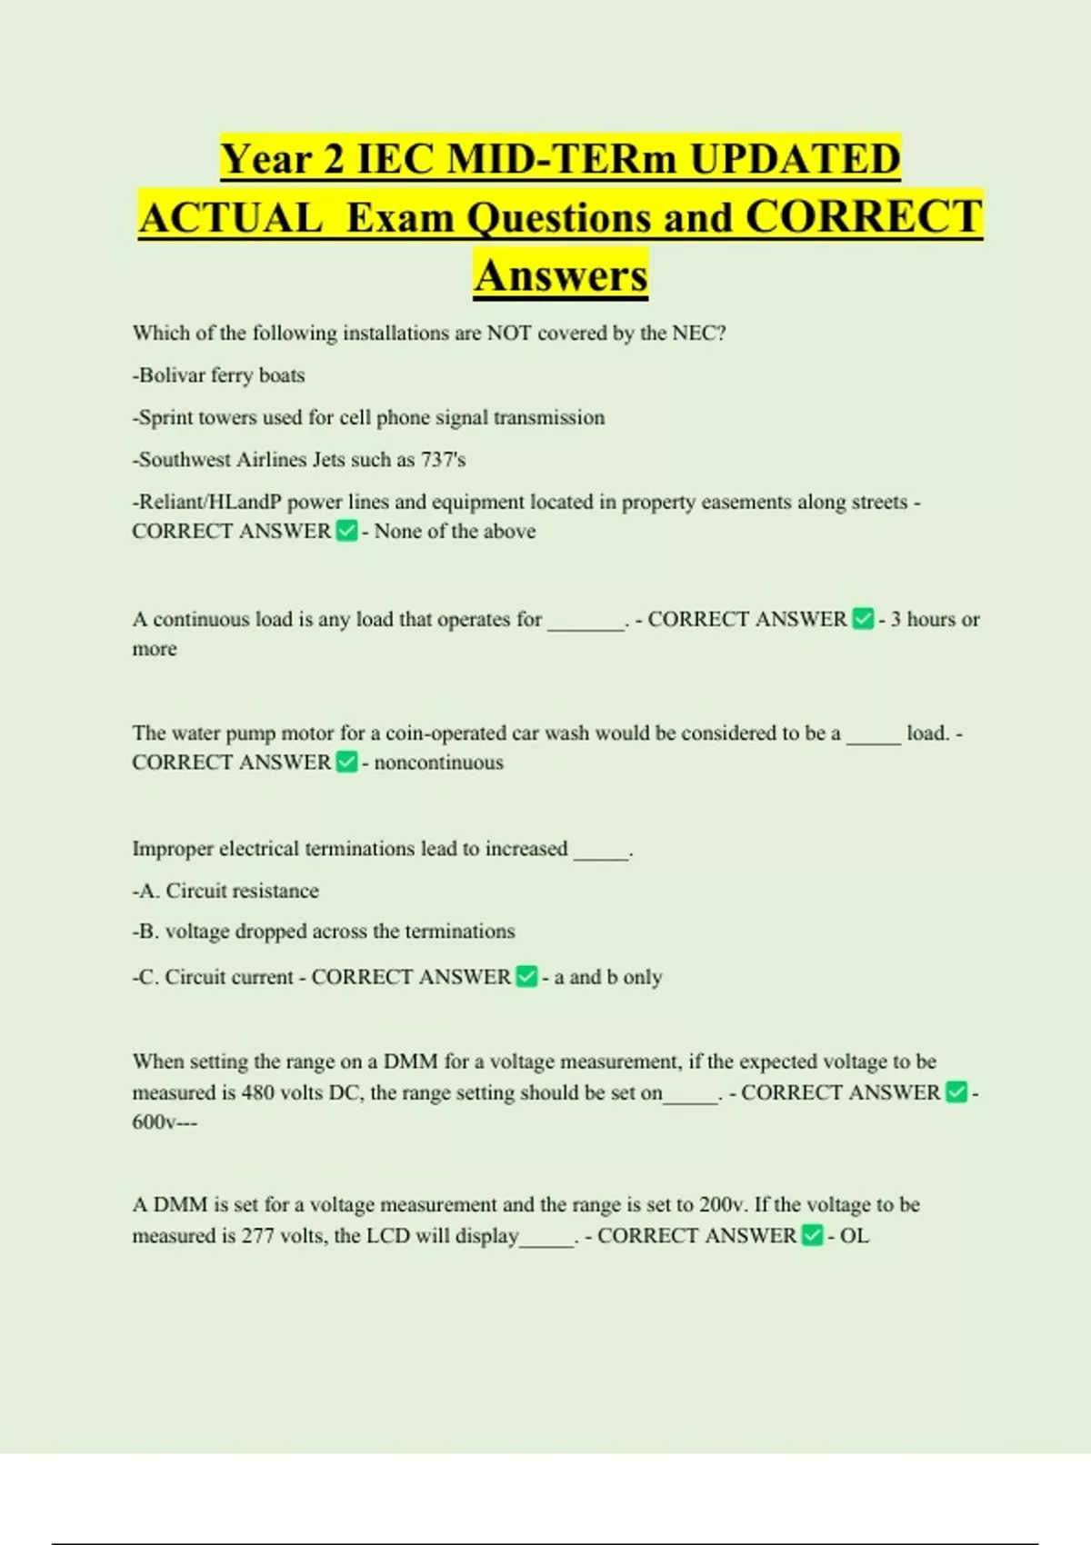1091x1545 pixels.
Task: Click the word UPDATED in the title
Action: pos(795,159)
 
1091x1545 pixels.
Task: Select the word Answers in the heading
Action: pos(561,275)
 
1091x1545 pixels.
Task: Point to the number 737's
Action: pos(443,460)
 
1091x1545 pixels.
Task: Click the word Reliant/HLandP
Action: pos(207,503)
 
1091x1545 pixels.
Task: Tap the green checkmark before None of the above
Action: pos(346,531)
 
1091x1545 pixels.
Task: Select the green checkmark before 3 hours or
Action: pos(863,619)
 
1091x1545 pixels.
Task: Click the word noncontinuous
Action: pos(438,763)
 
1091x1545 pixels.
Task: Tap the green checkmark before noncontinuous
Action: pos(346,762)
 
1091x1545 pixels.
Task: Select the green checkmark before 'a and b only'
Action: pos(526,976)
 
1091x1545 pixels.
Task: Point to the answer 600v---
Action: pos(165,1122)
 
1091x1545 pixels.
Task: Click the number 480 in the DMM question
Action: pos(258,1092)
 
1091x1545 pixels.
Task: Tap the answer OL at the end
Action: pos(854,1236)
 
